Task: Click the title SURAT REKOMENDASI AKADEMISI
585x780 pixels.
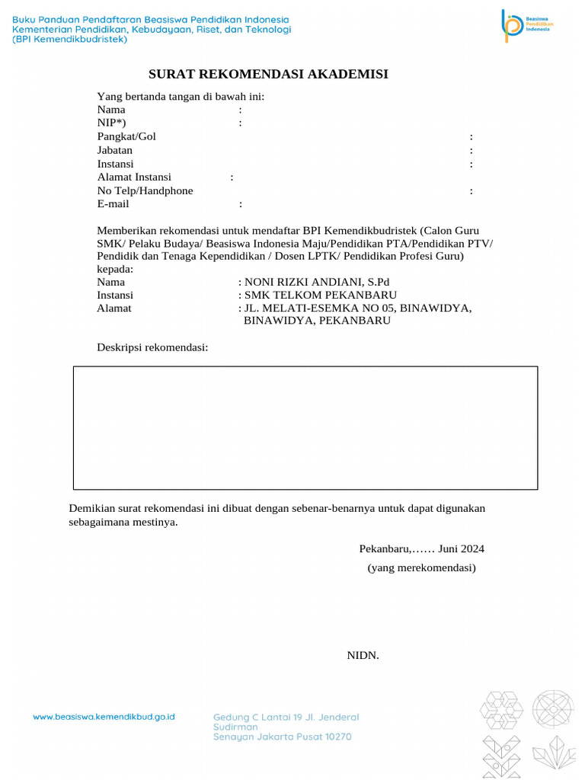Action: [268, 74]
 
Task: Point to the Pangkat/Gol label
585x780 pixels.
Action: [126, 136]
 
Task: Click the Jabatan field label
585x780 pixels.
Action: [115, 150]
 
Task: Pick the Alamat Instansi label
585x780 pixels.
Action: [134, 177]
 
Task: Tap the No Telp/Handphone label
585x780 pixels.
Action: [145, 190]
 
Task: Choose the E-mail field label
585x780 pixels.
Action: [113, 204]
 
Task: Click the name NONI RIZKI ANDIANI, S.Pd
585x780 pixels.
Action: [316, 282]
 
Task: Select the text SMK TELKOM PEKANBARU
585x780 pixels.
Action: [320, 295]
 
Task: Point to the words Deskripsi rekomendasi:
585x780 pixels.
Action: [152, 347]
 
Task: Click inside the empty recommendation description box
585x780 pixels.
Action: [305, 427]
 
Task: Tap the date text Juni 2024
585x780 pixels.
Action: [462, 548]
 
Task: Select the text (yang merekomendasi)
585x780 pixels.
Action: [421, 567]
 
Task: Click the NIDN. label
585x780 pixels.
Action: [363, 655]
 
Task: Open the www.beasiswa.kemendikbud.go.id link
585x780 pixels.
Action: [104, 717]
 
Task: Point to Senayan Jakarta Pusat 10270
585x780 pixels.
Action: [283, 737]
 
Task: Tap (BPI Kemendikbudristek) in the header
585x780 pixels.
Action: [69, 40]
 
